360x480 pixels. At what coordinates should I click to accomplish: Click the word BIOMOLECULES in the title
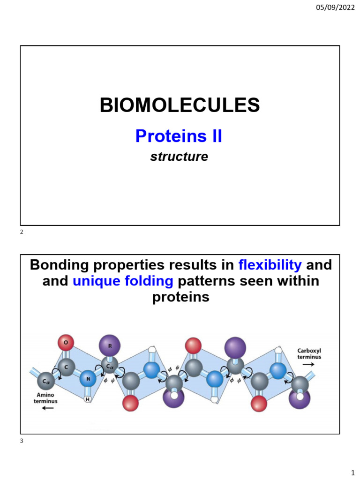pyautogui.click(x=180, y=105)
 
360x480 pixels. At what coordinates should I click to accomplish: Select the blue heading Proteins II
pyautogui.click(x=179, y=136)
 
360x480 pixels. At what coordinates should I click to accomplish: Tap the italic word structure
pyautogui.click(x=179, y=157)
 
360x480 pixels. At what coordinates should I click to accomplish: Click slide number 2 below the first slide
pyautogui.click(x=22, y=232)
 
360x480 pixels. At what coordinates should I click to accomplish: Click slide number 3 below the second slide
pyautogui.click(x=22, y=440)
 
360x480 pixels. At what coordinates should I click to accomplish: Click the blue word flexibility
pyautogui.click(x=270, y=265)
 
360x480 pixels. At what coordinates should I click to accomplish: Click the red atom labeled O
pyautogui.click(x=66, y=343)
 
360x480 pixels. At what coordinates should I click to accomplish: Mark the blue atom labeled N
pyautogui.click(x=87, y=378)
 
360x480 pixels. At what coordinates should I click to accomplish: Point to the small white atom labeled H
pyautogui.click(x=87, y=399)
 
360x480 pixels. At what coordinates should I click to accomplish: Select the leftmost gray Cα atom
pyautogui.click(x=45, y=381)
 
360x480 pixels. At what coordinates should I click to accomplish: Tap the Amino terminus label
pyautogui.click(x=45, y=398)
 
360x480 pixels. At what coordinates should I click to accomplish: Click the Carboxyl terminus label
pyautogui.click(x=309, y=353)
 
